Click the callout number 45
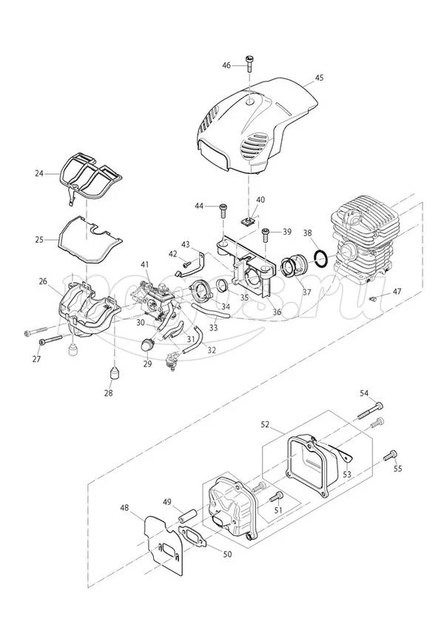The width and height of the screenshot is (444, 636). (319, 77)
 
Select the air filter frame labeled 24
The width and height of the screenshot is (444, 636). (92, 173)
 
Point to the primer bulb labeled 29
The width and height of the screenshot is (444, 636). (147, 344)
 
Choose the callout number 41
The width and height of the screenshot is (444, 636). (146, 264)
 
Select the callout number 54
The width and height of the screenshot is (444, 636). (364, 392)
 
